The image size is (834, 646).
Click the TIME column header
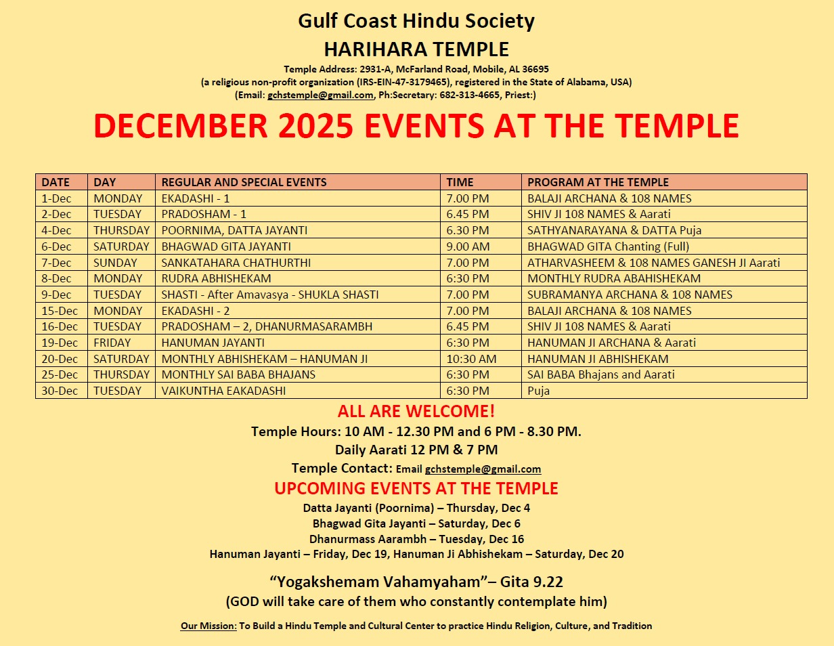[460, 182]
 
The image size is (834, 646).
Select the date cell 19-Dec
[60, 343]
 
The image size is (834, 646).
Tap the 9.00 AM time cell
[466, 246]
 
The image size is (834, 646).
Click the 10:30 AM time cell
[471, 359]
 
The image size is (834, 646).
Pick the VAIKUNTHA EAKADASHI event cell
[223, 391]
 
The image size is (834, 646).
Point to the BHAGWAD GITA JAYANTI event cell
[226, 246]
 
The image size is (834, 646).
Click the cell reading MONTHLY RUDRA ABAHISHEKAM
[614, 278]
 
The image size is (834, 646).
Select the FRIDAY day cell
[112, 343]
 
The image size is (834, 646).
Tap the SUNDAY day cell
[115, 263]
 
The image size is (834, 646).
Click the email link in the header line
[321, 95]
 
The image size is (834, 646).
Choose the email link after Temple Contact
[483, 469]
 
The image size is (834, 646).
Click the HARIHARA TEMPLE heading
[416, 49]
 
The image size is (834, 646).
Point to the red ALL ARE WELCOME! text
[416, 411]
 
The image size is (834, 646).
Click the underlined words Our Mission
[208, 626]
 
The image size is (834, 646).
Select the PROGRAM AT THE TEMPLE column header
[598, 182]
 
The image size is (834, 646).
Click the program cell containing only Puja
[539, 391]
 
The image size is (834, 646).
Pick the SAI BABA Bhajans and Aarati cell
[600, 374]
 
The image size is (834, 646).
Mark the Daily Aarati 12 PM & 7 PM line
[416, 450]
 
